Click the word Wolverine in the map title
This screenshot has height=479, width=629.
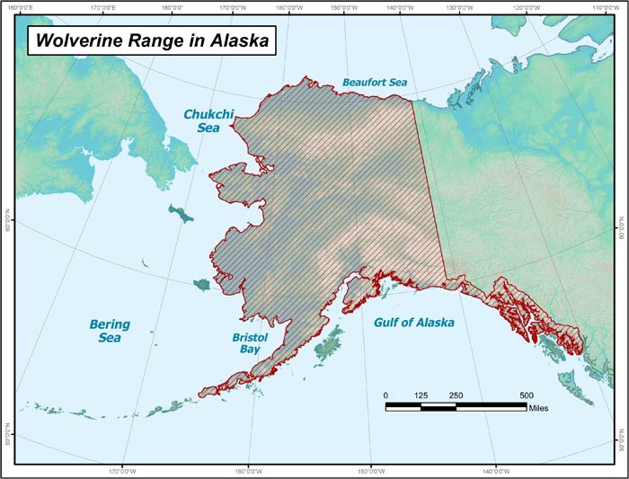click(x=78, y=40)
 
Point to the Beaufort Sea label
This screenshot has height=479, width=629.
click(x=375, y=82)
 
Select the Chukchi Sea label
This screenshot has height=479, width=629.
click(x=208, y=121)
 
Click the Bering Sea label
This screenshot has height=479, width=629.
click(x=110, y=331)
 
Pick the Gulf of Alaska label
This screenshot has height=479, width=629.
click(x=413, y=322)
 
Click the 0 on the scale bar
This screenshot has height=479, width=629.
click(x=385, y=395)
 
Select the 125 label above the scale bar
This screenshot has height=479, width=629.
click(x=421, y=395)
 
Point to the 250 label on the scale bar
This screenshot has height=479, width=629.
click(x=456, y=395)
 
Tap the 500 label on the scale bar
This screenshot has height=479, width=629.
click(x=526, y=395)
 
